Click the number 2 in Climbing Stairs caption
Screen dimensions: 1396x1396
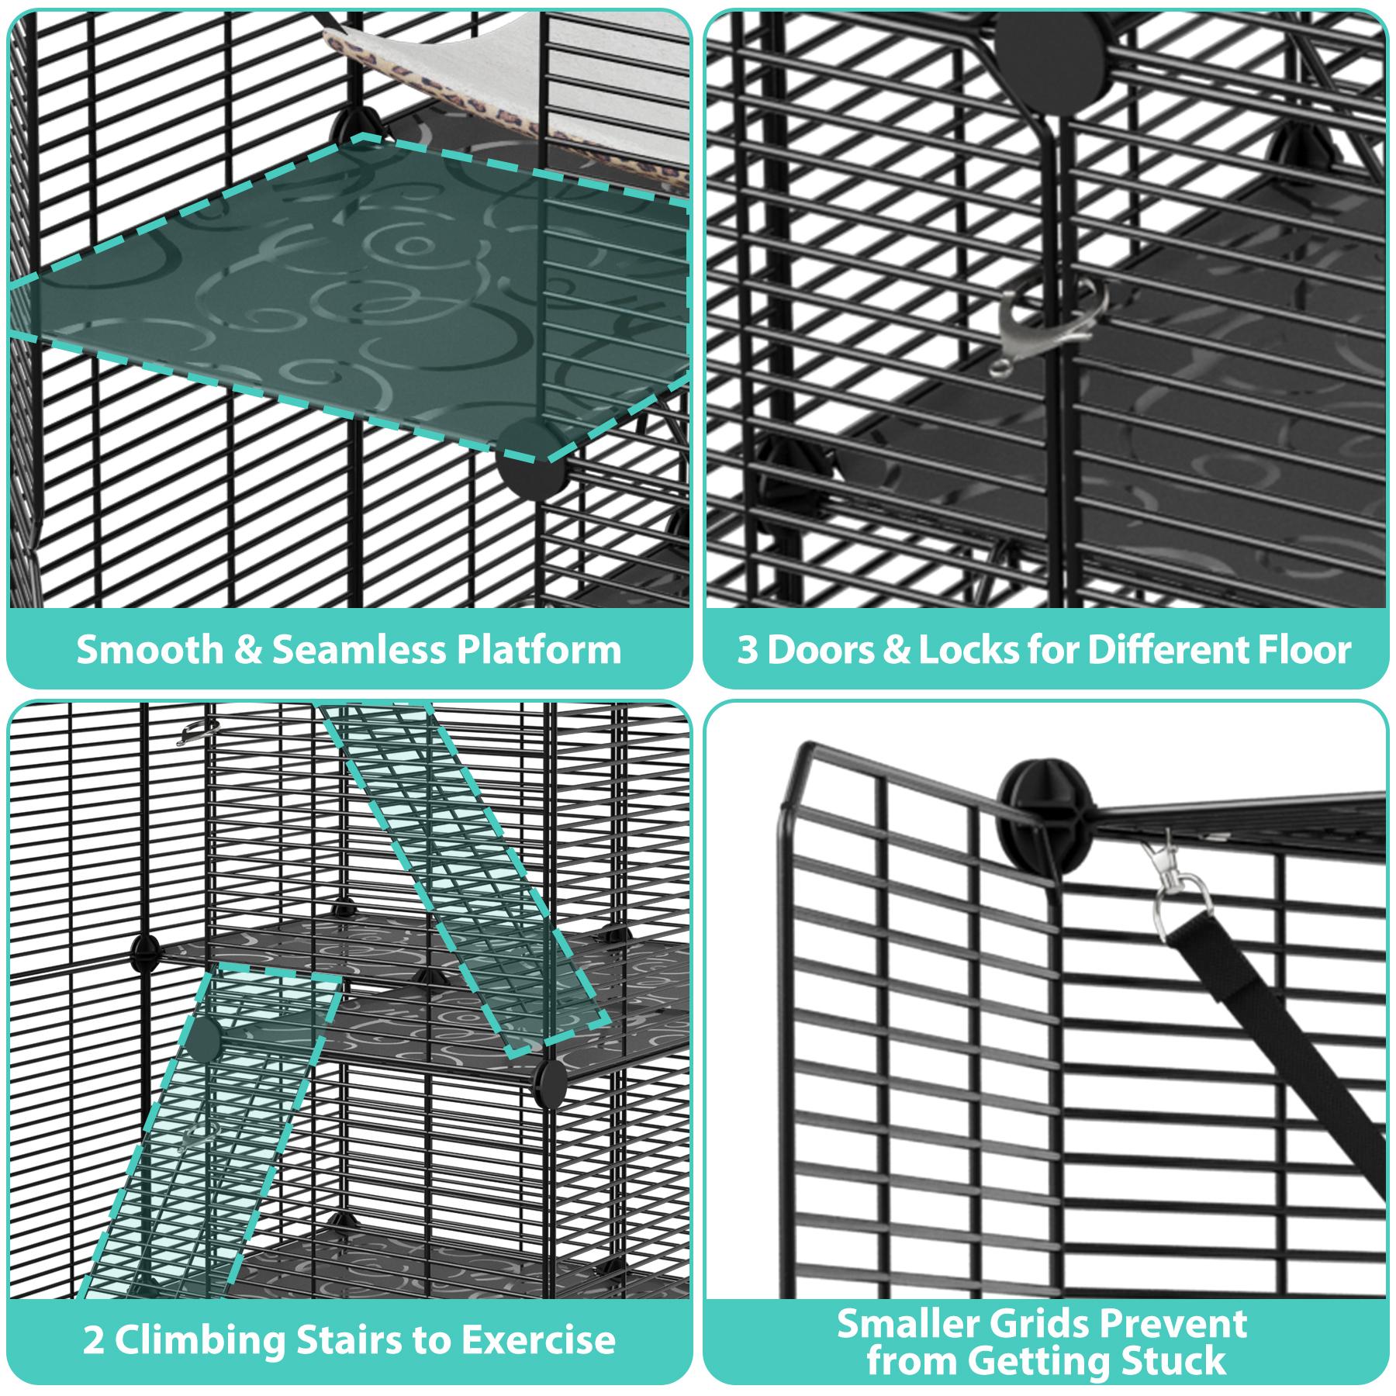pos(93,1340)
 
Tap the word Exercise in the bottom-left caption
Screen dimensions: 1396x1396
pos(538,1340)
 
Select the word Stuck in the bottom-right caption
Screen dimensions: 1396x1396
pos(1174,1361)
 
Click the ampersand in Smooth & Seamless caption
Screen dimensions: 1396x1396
pos(247,650)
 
